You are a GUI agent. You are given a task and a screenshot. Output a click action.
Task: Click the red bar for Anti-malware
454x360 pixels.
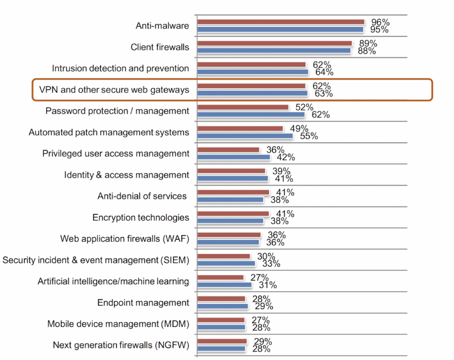coord(280,22)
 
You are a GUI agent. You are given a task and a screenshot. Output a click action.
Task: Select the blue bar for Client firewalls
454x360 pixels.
coord(274,51)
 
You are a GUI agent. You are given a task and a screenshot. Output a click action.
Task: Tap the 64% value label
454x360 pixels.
coord(324,72)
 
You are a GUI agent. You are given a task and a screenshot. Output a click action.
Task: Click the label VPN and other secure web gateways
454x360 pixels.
coord(114,90)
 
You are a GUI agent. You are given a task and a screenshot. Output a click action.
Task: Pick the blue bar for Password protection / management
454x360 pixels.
coord(251,114)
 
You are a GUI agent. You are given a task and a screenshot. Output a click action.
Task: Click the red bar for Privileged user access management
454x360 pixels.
coord(228,150)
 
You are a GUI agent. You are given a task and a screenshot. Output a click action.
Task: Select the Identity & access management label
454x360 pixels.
coord(126,175)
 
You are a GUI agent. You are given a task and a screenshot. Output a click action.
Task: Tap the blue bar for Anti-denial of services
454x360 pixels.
coord(231,200)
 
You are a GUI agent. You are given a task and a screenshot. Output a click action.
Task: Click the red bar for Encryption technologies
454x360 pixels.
coord(233,214)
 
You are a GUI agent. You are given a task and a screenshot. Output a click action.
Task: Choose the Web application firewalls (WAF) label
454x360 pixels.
coord(125,239)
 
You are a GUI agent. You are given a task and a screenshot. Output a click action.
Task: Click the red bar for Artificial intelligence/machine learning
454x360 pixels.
coord(220,278)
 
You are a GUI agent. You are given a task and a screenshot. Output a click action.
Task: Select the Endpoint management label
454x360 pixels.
coord(143,303)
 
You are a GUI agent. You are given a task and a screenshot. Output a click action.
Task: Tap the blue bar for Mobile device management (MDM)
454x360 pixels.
coord(221,327)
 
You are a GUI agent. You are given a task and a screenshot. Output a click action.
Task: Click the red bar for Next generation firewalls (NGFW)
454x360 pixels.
coord(222,341)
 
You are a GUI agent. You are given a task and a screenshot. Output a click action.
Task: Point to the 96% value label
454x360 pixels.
coord(380,22)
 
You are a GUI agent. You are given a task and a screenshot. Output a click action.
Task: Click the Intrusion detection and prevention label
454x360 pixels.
coord(120,69)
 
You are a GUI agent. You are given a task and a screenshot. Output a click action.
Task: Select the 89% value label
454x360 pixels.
coord(368,43)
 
